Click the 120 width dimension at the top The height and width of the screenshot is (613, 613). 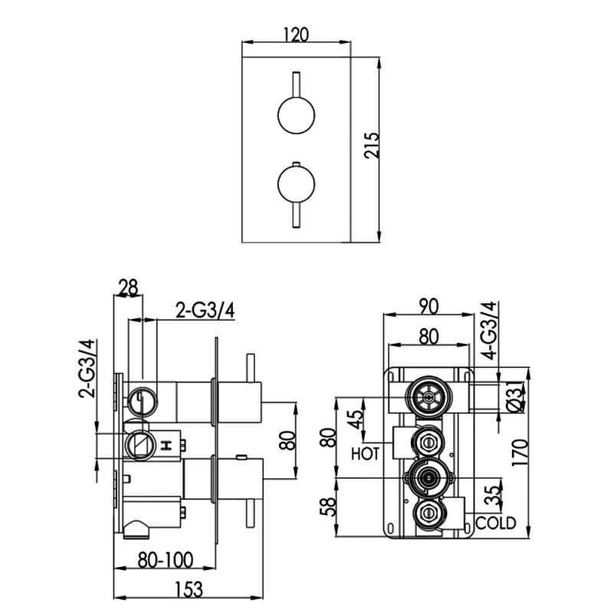[296, 34]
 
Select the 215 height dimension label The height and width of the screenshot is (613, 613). [372, 146]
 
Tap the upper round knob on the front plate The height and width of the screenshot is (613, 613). [297, 116]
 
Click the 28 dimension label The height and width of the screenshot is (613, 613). [128, 288]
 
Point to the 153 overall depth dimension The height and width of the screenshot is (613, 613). [189, 589]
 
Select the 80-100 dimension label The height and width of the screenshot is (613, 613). [166, 560]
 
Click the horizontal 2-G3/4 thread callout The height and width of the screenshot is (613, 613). [205, 311]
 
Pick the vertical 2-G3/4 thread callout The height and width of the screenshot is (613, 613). [87, 369]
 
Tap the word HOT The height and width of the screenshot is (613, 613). [366, 454]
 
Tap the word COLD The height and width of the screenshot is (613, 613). [496, 523]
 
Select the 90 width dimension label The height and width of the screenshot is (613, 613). [429, 306]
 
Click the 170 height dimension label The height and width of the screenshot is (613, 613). [520, 452]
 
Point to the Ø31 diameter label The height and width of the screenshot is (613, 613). [515, 396]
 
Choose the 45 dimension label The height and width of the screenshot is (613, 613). [355, 419]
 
